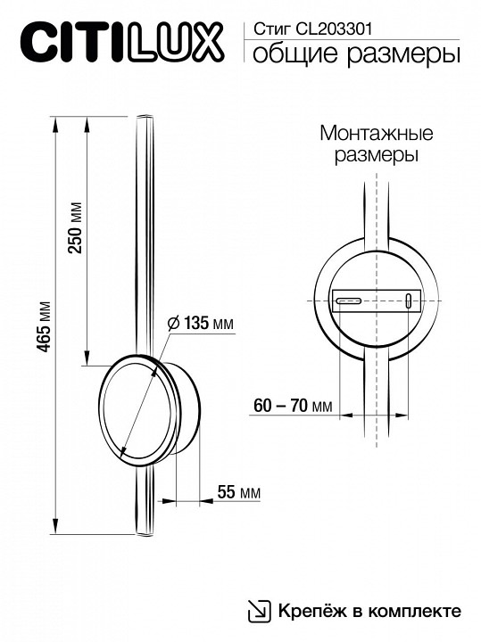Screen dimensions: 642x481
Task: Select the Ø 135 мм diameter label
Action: [x=200, y=323]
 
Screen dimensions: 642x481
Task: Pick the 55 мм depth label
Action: [x=238, y=492]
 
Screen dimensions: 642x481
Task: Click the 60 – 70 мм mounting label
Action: [x=292, y=406]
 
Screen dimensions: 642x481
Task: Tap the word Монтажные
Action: [x=376, y=134]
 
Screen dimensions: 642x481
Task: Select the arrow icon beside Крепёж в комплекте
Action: [x=258, y=611]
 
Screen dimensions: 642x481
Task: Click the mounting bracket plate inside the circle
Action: [x=376, y=301]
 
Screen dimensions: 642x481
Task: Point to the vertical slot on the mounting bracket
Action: [x=409, y=300]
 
